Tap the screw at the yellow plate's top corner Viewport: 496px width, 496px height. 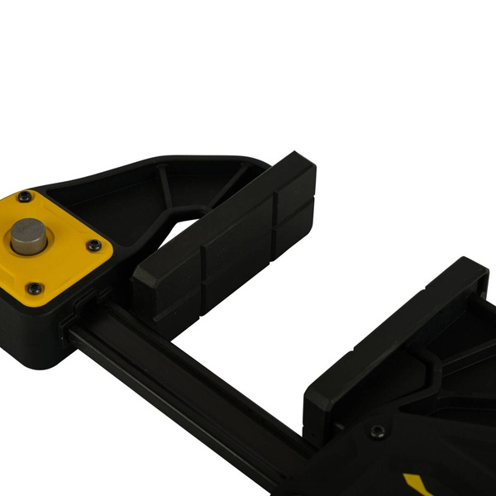tap(25, 197)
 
